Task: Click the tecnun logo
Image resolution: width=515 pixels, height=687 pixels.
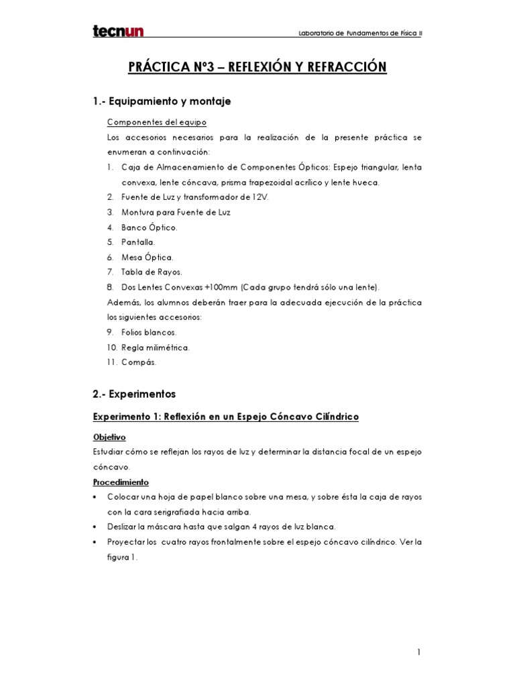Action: click(x=118, y=32)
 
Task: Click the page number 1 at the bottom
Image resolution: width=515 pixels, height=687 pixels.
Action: click(x=418, y=651)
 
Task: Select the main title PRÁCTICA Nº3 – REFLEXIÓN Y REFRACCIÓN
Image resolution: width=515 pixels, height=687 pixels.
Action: click(x=257, y=67)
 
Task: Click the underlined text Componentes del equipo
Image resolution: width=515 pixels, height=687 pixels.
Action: click(x=157, y=122)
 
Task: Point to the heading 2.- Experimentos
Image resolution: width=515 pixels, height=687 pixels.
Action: click(x=134, y=394)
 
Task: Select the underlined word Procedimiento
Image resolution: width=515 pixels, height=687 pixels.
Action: click(x=121, y=482)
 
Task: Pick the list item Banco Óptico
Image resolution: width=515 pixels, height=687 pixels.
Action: click(x=150, y=227)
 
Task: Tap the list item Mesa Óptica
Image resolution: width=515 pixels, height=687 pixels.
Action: click(x=148, y=257)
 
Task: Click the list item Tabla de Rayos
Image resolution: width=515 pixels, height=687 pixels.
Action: click(x=152, y=272)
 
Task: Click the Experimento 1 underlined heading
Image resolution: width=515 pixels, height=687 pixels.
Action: click(x=225, y=417)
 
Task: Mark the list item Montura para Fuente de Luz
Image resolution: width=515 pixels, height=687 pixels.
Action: click(x=176, y=212)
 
